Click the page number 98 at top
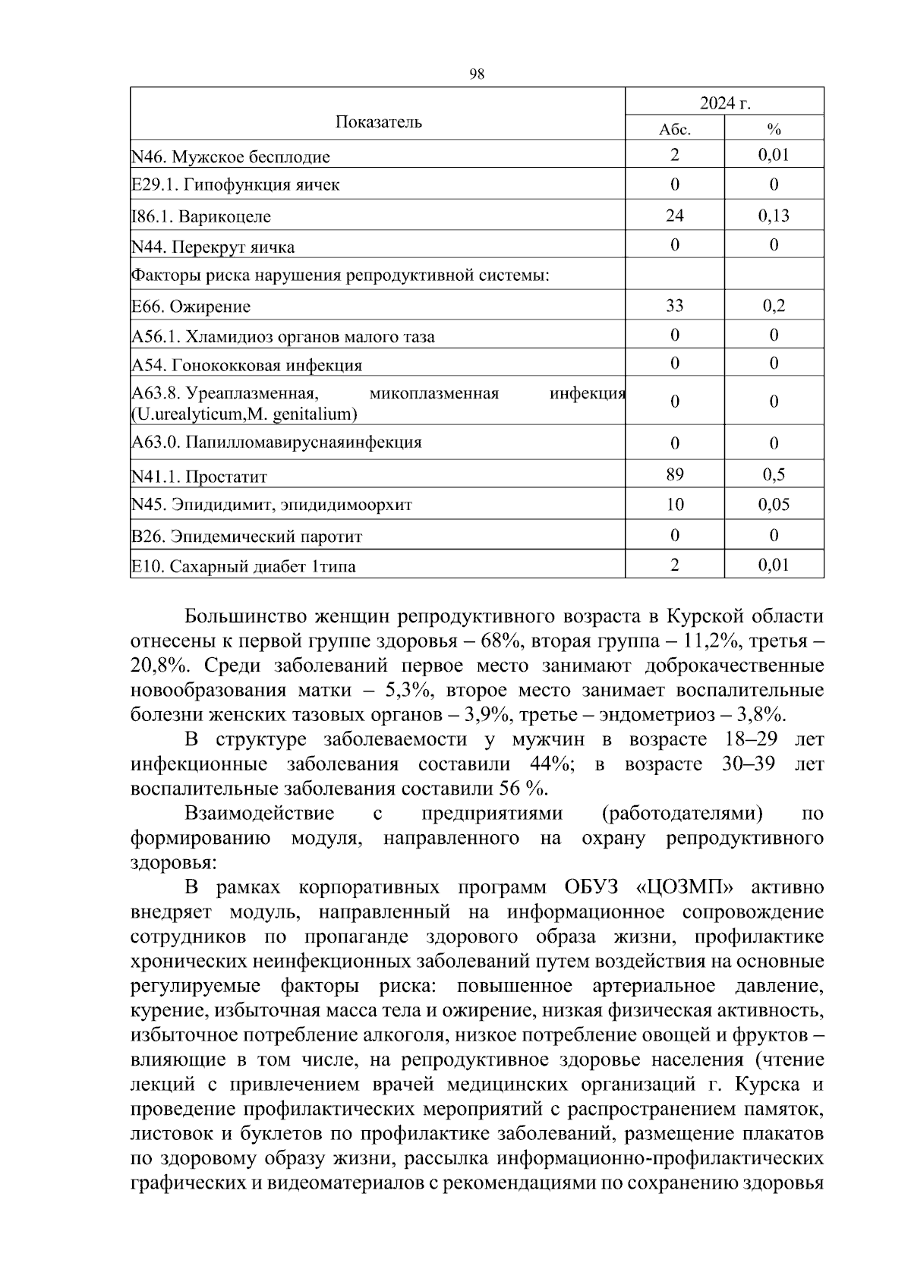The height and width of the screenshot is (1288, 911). click(477, 74)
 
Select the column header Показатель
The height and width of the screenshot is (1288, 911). click(379, 122)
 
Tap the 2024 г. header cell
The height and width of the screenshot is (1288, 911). click(724, 102)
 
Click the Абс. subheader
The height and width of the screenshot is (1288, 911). click(675, 129)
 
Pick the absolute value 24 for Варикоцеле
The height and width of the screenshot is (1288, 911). click(674, 216)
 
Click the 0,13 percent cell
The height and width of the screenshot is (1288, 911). click(774, 216)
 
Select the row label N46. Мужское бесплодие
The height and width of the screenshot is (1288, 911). click(231, 157)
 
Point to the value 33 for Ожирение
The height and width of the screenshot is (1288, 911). click(674, 305)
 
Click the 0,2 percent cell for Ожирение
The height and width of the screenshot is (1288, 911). click(774, 305)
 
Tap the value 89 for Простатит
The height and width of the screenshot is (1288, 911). click(674, 475)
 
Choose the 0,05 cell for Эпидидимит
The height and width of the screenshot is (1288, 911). click(774, 505)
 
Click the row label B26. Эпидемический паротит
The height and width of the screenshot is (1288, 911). click(247, 537)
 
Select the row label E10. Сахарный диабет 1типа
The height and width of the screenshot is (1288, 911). click(244, 566)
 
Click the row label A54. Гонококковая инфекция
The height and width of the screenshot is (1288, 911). click(247, 365)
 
